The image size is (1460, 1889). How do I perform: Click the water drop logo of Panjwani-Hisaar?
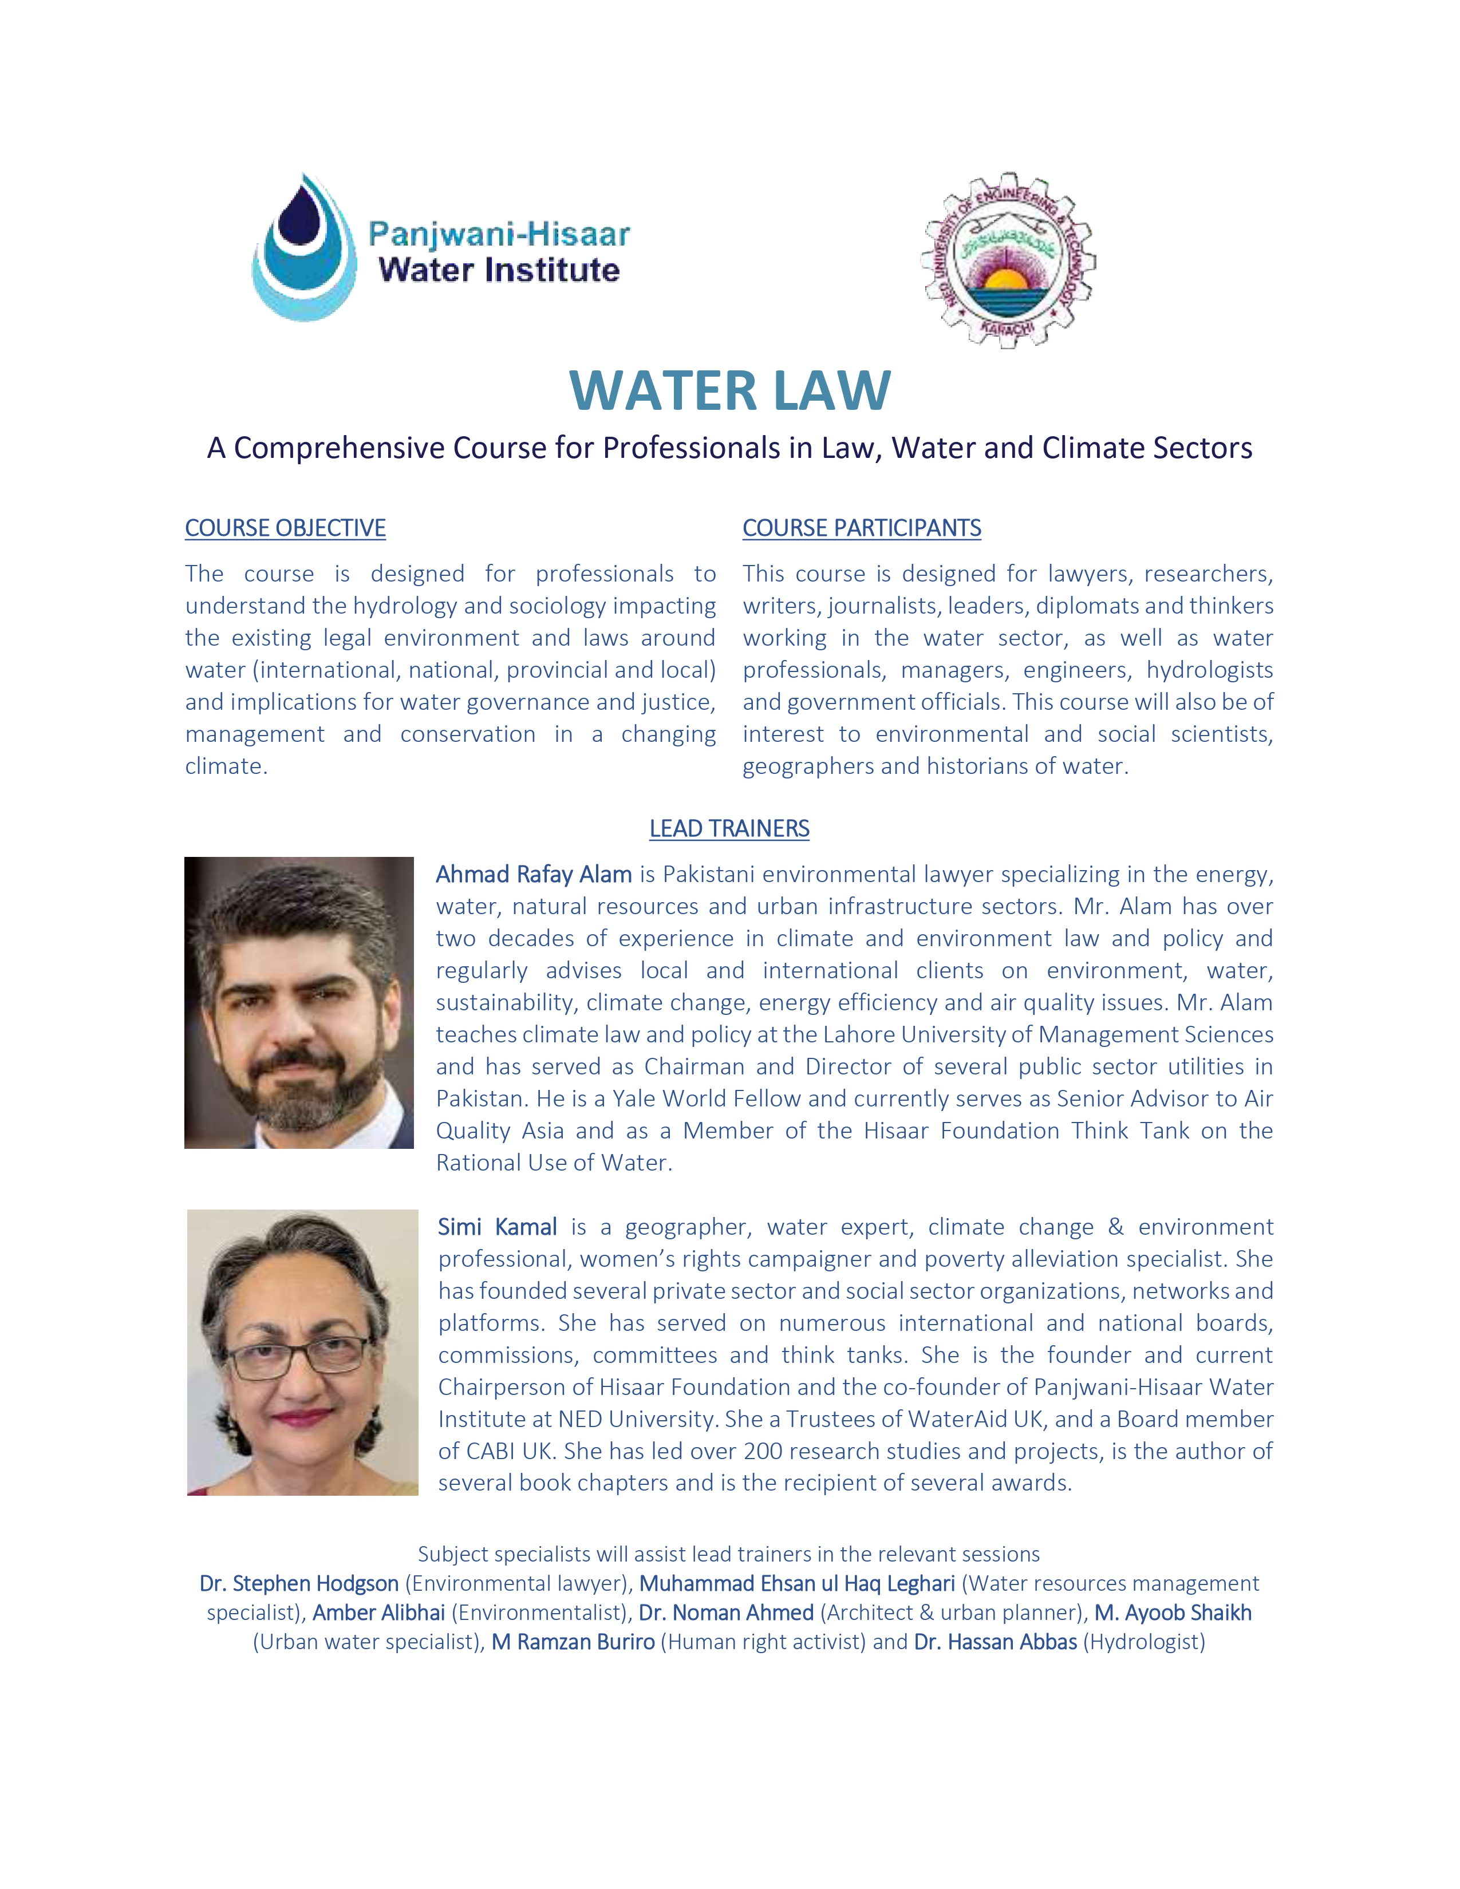click(305, 248)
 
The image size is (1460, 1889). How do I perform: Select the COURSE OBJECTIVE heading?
click(286, 528)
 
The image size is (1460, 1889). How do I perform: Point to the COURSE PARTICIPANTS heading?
click(862, 528)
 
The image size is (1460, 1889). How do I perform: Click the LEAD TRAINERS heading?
click(729, 829)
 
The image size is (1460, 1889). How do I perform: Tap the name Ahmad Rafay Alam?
click(534, 875)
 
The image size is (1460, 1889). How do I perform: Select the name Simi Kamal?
click(498, 1227)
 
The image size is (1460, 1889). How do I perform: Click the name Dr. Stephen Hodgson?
click(299, 1584)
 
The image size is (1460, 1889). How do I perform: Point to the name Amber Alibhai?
click(379, 1613)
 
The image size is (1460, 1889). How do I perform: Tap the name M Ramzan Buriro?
click(574, 1642)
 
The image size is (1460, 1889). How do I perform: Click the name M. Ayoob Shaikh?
click(1173, 1613)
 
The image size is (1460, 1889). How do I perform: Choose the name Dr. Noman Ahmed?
click(727, 1613)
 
